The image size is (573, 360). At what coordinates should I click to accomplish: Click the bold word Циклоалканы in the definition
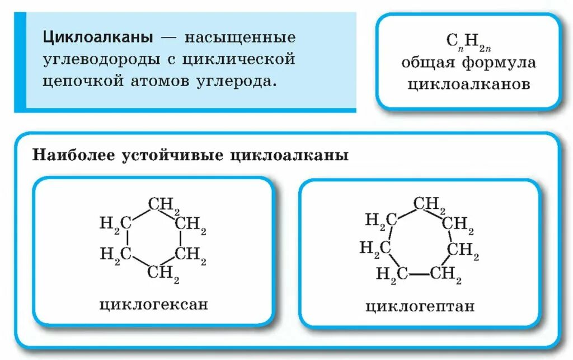(x=98, y=39)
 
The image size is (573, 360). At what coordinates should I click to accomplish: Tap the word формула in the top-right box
(x=499, y=63)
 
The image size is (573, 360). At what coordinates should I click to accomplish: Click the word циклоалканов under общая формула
(x=468, y=83)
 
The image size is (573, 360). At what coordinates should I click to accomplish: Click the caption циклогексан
(x=153, y=305)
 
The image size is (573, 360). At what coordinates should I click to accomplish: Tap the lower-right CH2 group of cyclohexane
(x=191, y=255)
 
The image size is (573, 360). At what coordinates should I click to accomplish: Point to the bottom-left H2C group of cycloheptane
(x=391, y=274)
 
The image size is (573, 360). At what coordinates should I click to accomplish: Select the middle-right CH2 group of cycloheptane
(x=462, y=250)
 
